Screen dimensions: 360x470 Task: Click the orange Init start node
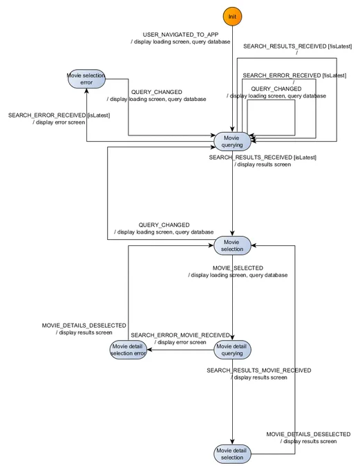tap(232, 17)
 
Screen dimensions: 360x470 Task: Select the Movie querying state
tap(232, 142)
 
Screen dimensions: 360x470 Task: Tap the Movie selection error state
tap(86, 79)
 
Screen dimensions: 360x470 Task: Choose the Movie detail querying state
tap(232, 350)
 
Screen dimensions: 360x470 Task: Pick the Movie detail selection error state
tap(128, 350)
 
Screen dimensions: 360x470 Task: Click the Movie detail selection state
tap(232, 454)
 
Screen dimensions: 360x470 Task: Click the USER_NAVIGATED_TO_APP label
tap(180, 35)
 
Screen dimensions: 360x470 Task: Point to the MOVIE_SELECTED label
tap(238, 268)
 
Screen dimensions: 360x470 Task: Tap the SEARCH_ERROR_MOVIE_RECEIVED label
tap(180, 335)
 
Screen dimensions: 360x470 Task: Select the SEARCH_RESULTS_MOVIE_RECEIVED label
tap(258, 370)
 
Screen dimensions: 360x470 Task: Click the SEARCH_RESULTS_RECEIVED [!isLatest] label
tap(297, 46)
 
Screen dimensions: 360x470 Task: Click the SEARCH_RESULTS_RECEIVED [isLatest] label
tap(263, 158)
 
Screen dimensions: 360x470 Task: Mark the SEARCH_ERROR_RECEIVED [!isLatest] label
tap(294, 75)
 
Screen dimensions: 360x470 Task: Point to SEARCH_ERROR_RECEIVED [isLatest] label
tap(59, 115)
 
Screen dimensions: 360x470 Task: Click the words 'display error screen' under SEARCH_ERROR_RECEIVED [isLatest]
tap(60, 122)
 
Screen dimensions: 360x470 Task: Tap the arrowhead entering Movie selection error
tap(86, 91)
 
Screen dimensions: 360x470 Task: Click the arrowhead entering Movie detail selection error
tap(149, 350)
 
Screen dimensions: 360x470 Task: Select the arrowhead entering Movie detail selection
tap(232, 442)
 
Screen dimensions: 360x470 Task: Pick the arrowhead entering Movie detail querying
tap(232, 338)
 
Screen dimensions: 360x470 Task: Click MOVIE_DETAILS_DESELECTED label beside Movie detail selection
tap(308, 434)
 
